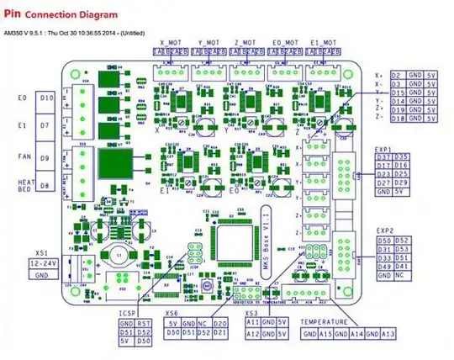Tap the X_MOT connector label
[x=169, y=41]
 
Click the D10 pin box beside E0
[x=47, y=98]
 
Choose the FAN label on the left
[x=24, y=156]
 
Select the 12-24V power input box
[x=43, y=263]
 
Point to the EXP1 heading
[x=385, y=150]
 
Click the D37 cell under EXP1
[x=383, y=157]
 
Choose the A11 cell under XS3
[x=253, y=322]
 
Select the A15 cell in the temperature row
[x=327, y=335]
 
